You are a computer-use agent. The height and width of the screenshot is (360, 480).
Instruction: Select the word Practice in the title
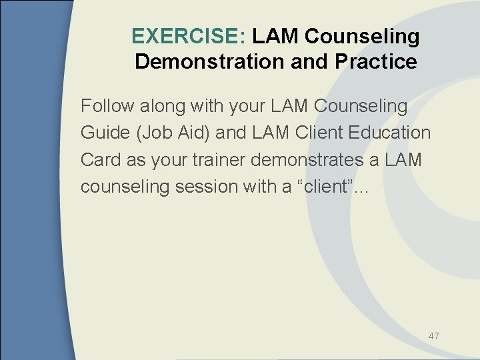(376, 62)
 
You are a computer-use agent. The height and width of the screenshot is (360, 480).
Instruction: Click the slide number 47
(433, 336)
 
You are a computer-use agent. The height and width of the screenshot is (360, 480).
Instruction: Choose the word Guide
(105, 133)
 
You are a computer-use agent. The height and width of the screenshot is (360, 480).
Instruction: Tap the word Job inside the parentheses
(155, 133)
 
